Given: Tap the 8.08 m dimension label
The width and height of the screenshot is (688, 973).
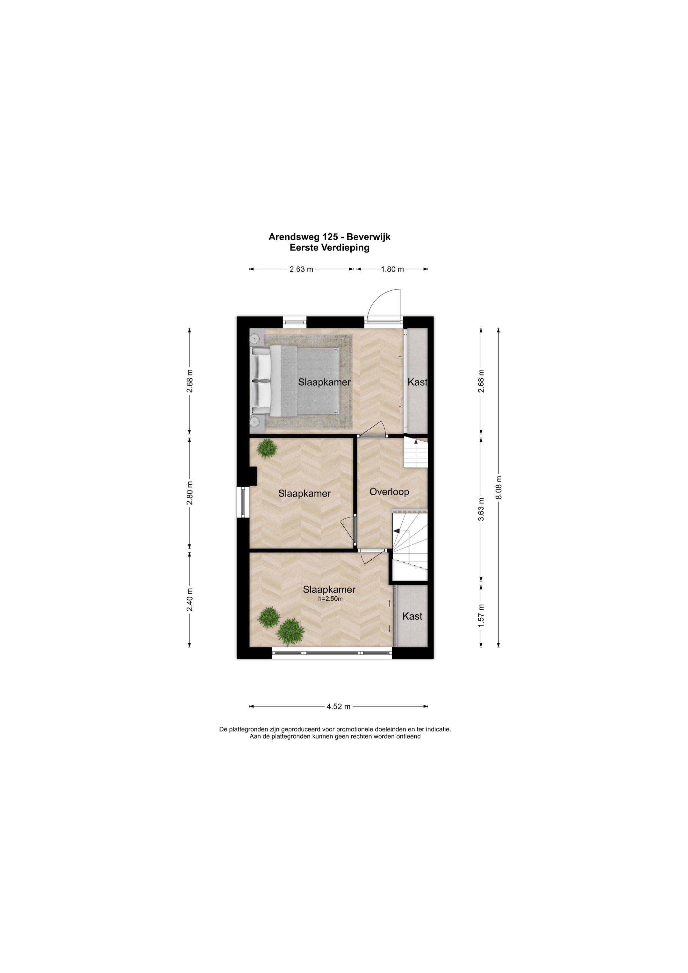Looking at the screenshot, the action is click(x=498, y=487).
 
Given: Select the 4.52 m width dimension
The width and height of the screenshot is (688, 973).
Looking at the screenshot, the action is click(x=339, y=707).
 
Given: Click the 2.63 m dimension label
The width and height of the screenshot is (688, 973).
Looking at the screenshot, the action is click(x=301, y=269).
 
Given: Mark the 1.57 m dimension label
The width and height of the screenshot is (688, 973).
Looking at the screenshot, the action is click(x=481, y=616).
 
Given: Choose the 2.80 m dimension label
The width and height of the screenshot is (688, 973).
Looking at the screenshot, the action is click(x=190, y=493).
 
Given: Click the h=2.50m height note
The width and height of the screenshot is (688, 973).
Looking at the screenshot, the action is click(x=330, y=599).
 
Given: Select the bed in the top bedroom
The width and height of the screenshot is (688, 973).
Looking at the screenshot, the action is click(x=296, y=381).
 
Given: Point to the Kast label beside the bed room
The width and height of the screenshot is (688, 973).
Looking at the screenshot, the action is click(x=417, y=382).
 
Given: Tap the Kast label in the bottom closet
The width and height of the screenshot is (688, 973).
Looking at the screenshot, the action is click(x=412, y=616).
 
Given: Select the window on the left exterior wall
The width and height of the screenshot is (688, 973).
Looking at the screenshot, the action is click(x=243, y=502).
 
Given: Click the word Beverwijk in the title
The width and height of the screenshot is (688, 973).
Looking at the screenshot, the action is click(x=368, y=237).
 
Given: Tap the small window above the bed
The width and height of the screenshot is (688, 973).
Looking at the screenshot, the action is click(x=295, y=323).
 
